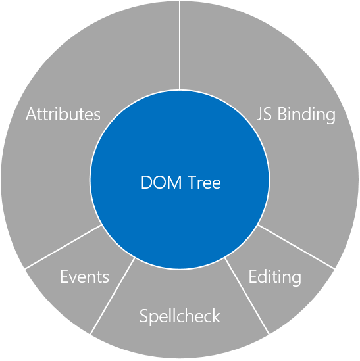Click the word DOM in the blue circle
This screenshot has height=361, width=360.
161,182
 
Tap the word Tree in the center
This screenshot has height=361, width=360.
204,182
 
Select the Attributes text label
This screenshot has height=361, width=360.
63,114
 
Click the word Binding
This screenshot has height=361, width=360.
307,115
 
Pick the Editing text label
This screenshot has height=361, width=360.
274,277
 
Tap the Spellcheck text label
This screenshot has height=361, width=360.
180,317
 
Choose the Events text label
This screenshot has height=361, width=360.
85,276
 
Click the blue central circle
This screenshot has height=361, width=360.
180,152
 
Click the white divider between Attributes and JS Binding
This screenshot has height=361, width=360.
180,45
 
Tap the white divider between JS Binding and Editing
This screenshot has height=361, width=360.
296,247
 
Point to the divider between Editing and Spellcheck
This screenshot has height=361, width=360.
247,296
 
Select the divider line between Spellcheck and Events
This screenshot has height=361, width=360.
113,296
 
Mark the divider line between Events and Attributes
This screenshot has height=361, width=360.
63,247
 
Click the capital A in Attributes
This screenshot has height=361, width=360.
31,114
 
